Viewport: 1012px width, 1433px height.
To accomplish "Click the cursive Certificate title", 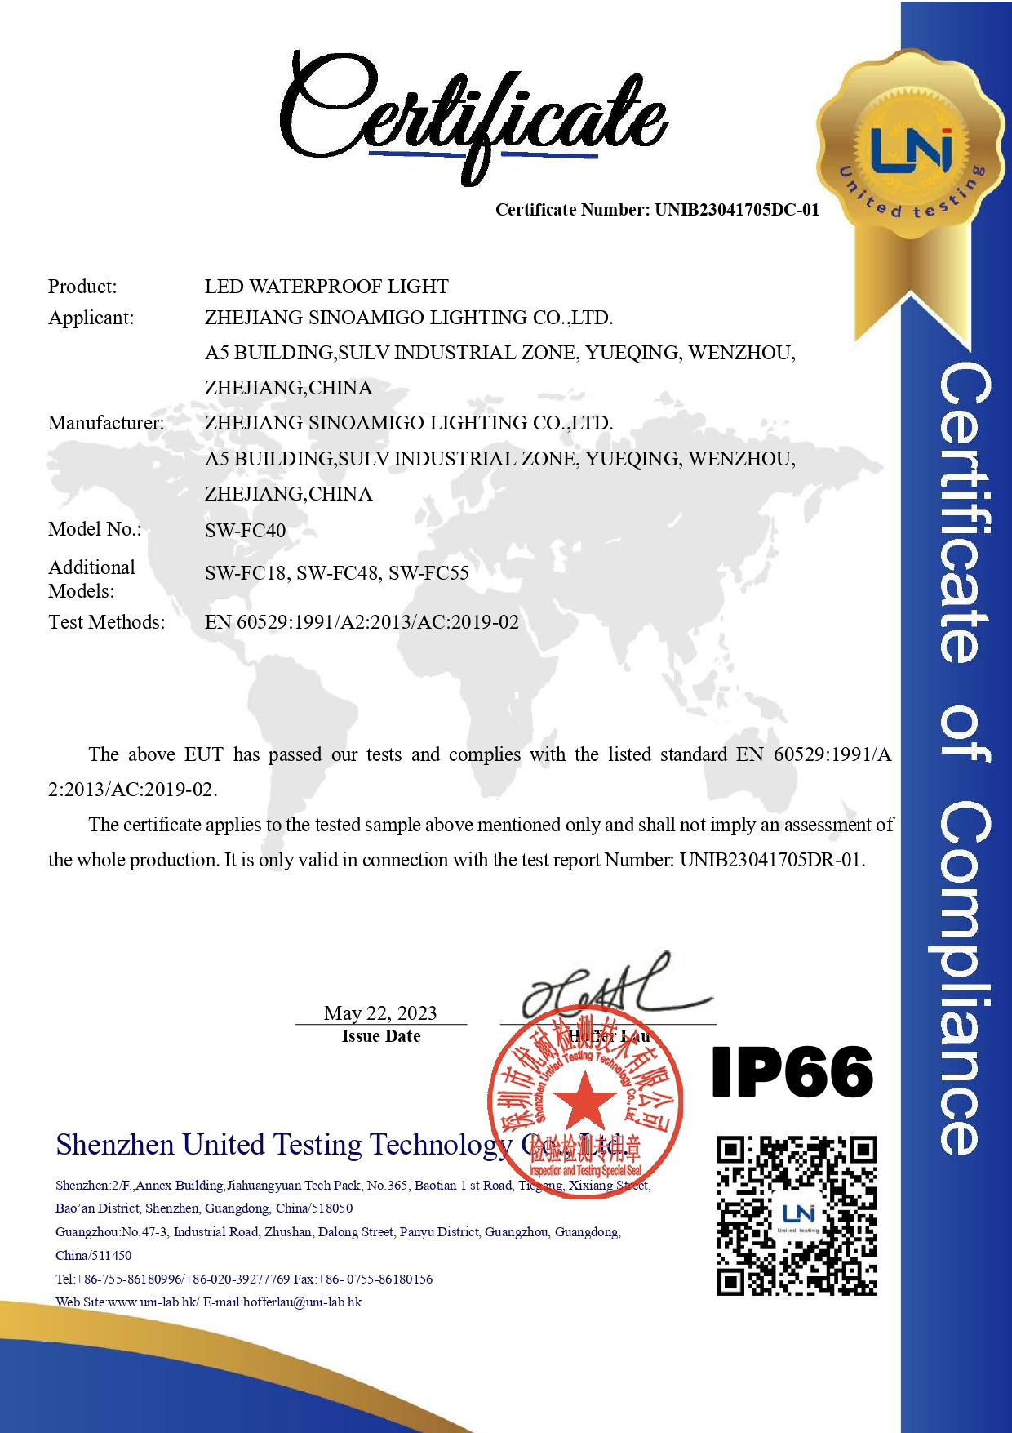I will coord(473,114).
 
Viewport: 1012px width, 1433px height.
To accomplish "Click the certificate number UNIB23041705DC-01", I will coord(736,210).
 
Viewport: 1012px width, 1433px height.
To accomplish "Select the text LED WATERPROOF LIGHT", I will coord(326,287).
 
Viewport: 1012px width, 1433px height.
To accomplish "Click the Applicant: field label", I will coord(91,318).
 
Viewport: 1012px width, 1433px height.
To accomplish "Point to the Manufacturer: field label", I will coord(106,423).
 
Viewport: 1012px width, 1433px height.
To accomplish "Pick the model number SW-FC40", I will coord(245,531).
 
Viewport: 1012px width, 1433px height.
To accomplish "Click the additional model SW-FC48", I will coord(337,573).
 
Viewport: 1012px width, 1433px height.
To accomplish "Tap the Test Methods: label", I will coord(106,622).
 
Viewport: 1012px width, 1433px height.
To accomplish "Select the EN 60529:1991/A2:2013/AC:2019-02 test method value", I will coord(362,622).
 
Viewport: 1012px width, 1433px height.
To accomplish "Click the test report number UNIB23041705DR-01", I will coord(771,860).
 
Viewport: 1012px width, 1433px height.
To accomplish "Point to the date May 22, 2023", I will coord(380,1013).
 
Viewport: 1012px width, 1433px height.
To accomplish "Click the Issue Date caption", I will coord(381,1036).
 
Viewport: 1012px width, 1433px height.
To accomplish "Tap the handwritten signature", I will coord(612,988).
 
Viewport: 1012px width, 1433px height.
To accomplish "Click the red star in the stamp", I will coord(584,1100).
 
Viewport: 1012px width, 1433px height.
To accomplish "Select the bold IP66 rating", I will coord(792,1072).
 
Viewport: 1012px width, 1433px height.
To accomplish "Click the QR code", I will coord(797,1215).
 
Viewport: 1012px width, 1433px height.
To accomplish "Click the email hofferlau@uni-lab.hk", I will coord(302,1302).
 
